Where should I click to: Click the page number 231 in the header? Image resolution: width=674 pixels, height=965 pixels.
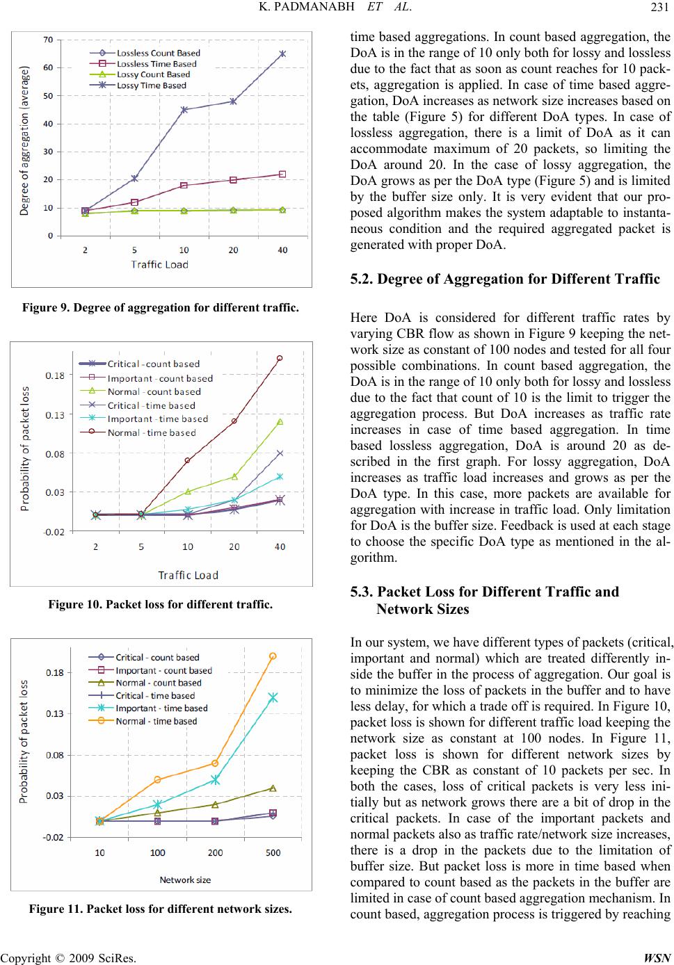[661, 8]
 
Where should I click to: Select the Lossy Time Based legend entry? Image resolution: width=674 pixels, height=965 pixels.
[151, 86]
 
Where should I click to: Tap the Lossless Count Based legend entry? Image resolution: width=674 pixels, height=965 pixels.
[158, 53]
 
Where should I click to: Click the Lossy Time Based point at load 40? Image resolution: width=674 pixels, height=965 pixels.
[282, 54]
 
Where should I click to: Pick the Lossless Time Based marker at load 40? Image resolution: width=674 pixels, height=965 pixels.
[282, 174]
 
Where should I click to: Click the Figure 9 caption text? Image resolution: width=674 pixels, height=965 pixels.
[161, 307]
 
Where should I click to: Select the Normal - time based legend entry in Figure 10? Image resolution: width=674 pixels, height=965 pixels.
[152, 432]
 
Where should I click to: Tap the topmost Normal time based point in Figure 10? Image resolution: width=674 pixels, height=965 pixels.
[280, 358]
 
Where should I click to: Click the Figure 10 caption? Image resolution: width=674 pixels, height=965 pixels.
[161, 606]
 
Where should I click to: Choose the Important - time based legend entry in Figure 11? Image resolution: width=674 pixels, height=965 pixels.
[161, 708]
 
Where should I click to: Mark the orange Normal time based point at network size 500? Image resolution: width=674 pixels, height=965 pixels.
[273, 656]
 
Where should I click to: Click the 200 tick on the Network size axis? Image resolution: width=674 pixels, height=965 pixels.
[215, 853]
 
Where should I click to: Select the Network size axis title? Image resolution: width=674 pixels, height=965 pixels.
[185, 879]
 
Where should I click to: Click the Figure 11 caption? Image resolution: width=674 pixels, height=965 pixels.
[161, 909]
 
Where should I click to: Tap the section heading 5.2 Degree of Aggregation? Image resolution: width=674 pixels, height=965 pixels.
[504, 279]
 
